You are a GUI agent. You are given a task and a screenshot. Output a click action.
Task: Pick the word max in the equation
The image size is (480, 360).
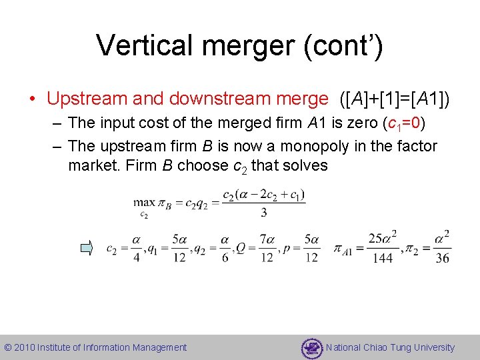click(x=143, y=202)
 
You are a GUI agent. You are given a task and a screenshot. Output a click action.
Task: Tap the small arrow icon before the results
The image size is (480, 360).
click(x=87, y=249)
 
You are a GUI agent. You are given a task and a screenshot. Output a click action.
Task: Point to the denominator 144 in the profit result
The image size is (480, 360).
click(x=383, y=259)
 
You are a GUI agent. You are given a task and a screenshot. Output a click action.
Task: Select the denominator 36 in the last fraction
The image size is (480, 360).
click(x=442, y=259)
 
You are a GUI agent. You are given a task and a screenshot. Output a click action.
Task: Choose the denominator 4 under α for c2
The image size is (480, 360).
click(x=136, y=258)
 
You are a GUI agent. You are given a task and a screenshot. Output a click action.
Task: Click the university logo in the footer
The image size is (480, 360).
click(x=312, y=347)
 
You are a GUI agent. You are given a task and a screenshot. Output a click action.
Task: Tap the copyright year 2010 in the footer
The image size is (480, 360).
click(x=25, y=347)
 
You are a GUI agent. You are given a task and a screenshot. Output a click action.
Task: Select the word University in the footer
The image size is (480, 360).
click(x=432, y=347)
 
